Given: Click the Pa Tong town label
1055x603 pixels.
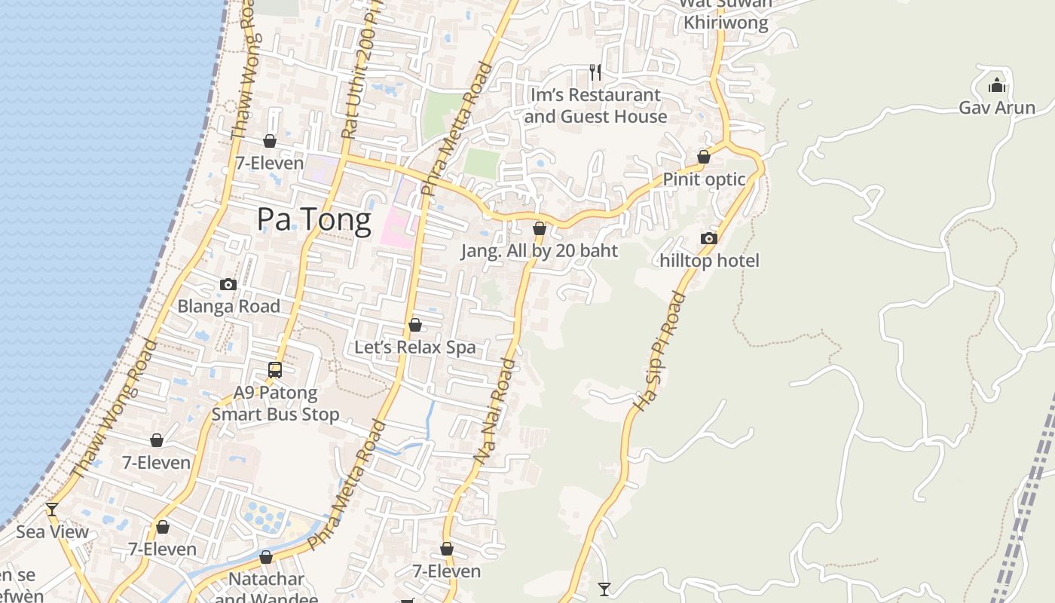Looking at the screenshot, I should pos(313,220).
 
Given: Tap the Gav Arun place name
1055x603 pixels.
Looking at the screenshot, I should pos(996,108).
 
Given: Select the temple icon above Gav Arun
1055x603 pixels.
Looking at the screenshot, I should pos(997,85).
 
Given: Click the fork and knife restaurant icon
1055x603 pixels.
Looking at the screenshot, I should pos(595,72).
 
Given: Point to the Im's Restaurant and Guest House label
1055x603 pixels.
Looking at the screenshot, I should pos(595,106).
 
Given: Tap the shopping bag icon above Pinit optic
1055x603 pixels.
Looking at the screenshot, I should pos(703,157).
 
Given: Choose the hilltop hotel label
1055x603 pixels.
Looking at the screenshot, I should pos(709,261).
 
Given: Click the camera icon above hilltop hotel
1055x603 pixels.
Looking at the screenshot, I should pos(708,239).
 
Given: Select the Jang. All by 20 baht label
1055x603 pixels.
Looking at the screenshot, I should pos(539,251).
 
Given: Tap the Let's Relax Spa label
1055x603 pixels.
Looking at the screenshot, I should pos(414,347).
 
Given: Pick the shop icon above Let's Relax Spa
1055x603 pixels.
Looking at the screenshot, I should pos(414,325).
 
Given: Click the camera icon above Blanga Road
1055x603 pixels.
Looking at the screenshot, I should pos(228,284).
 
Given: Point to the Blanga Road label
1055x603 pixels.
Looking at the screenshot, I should pos(228,306).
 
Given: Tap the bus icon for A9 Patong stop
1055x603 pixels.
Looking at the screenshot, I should pos(275,370).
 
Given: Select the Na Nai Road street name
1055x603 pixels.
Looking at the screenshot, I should pos(495,411).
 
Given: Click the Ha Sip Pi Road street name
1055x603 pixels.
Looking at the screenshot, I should pos(659,352).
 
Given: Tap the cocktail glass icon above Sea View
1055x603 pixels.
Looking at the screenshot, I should pos(52,510).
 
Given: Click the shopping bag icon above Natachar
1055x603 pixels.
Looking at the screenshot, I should pos(265,558).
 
